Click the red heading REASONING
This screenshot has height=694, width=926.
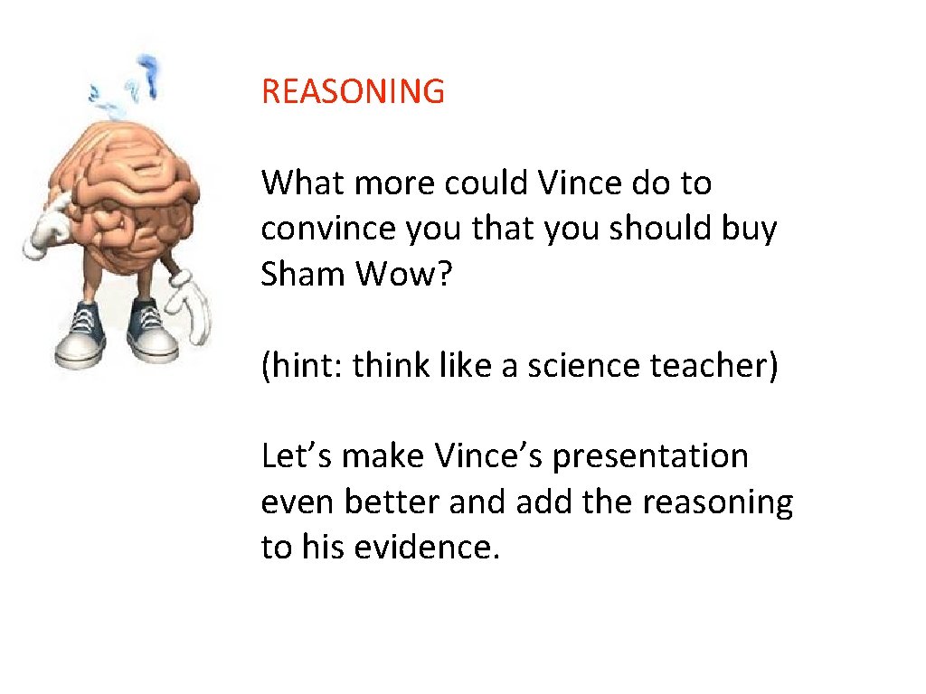click(x=353, y=91)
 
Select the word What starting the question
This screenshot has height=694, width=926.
click(x=303, y=183)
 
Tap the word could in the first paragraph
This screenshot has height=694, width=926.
click(x=486, y=183)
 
